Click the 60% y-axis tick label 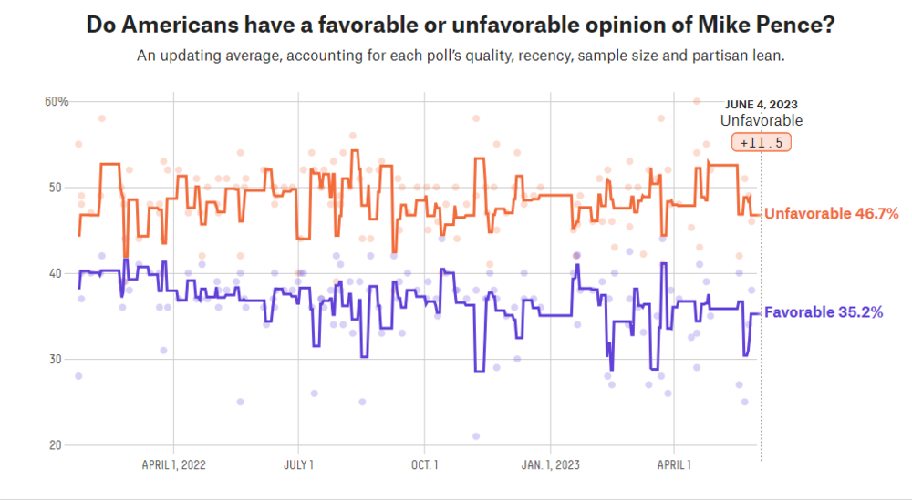pos(57,101)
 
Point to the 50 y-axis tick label pos(57,187)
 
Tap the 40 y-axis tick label pos(57,273)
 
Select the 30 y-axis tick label pos(57,359)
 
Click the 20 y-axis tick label pos(57,444)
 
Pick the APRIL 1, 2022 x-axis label pos(174,464)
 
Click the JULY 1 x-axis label pos(299,464)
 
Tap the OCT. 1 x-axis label pos(424,464)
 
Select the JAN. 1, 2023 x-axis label pos(550,464)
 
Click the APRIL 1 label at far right pos(674,464)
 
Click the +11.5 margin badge pos(762,143)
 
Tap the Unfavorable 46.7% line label pos(831,214)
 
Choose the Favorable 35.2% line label pos(823,312)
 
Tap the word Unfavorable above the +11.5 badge pos(762,120)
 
